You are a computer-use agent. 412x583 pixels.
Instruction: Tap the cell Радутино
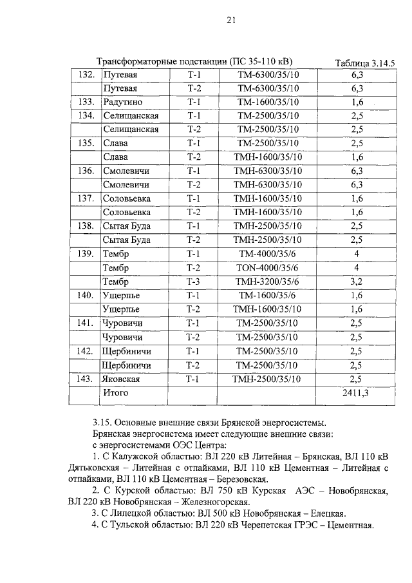tap(122, 102)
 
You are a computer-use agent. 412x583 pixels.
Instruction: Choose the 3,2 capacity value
tap(356, 282)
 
